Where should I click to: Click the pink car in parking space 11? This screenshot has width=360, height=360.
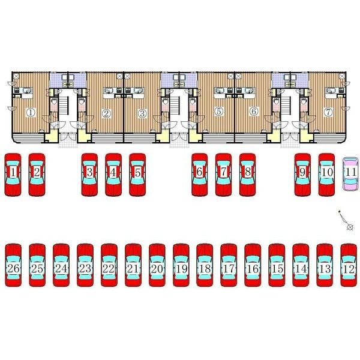(350, 174)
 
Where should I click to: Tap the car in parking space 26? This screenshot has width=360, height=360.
(13, 265)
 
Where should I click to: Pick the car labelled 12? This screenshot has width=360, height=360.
(349, 265)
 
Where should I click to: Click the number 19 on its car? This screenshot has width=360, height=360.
(181, 269)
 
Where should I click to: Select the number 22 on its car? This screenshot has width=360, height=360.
(109, 269)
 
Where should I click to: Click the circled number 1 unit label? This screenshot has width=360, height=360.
(31, 113)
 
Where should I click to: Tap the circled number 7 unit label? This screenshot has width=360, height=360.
(328, 112)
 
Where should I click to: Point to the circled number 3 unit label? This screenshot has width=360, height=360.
(142, 113)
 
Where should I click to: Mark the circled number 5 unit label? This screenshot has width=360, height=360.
(219, 112)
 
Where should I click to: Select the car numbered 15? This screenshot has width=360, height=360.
(277, 265)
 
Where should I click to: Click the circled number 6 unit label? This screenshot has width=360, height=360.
(254, 112)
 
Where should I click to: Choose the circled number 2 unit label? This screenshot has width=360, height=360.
(106, 113)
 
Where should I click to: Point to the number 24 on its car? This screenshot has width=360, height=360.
(61, 268)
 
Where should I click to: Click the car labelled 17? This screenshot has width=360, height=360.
(229, 265)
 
